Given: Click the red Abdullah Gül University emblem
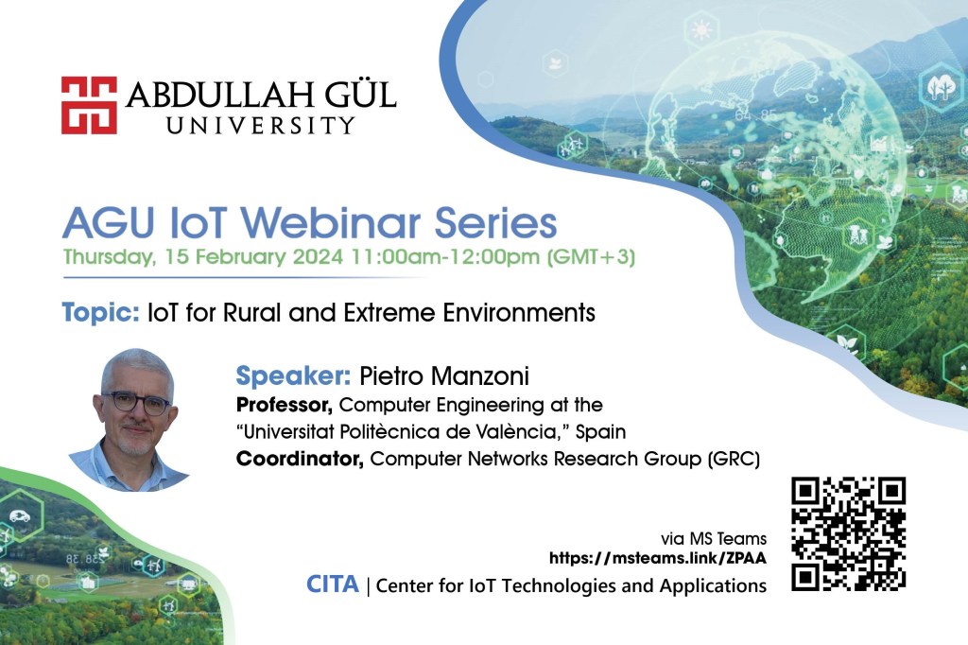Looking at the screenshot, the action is pyautogui.click(x=89, y=105).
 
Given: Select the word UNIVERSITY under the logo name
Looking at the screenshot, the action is pyautogui.click(x=261, y=126).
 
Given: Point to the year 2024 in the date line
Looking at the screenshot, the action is pyautogui.click(x=318, y=256).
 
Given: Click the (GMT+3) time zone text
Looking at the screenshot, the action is pyautogui.click(x=591, y=256).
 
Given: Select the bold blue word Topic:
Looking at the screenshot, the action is pyautogui.click(x=100, y=313).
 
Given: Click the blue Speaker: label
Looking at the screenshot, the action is pyautogui.click(x=293, y=375).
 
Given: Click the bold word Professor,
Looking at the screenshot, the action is pyautogui.click(x=285, y=406).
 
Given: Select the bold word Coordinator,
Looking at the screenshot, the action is pyautogui.click(x=300, y=459).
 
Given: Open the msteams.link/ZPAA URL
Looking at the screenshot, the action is pyautogui.click(x=658, y=559).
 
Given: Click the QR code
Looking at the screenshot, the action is pyautogui.click(x=848, y=533).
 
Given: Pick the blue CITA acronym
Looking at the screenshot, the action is pyautogui.click(x=332, y=584).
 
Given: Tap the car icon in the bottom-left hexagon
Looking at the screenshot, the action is pyautogui.click(x=19, y=516).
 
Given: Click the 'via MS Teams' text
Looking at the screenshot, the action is pyautogui.click(x=714, y=539).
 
